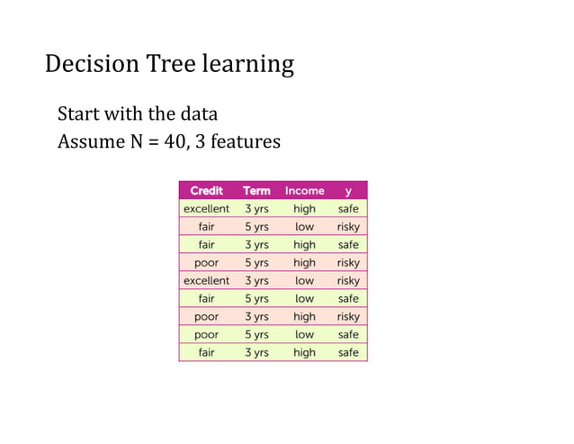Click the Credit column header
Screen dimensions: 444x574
click(206, 190)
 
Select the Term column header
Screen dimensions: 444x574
click(256, 190)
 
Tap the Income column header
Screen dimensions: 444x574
click(304, 190)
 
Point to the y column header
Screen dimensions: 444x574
click(348, 190)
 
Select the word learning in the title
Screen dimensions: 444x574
click(247, 65)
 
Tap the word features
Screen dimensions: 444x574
click(247, 141)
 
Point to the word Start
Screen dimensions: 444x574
click(78, 115)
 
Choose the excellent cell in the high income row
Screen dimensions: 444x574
click(206, 208)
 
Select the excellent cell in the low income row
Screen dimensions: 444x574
click(206, 280)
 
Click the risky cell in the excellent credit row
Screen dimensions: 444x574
click(348, 280)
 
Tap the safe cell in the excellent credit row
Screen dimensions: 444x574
click(348, 208)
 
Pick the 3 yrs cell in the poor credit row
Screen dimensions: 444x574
click(256, 316)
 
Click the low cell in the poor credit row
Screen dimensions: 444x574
click(304, 334)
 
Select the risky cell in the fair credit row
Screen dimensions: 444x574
click(348, 226)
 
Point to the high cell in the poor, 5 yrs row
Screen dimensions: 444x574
click(304, 262)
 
